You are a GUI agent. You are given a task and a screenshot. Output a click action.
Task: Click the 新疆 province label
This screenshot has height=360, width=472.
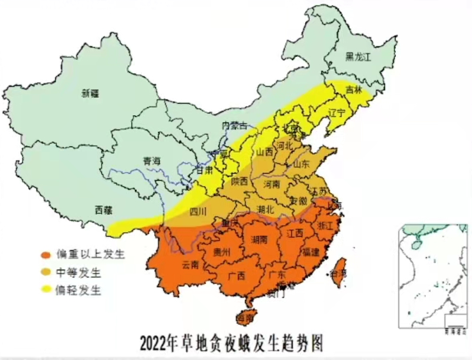coord(90,93)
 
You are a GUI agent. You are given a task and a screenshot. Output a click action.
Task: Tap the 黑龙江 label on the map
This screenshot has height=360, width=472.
coord(358,57)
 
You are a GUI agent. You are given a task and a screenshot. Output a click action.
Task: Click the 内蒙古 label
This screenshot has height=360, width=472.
coord(234,125)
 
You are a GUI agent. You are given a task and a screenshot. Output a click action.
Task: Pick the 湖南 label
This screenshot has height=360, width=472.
coord(259,239)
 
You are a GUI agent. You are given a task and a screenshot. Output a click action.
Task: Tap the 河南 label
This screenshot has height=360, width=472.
coord(271,184)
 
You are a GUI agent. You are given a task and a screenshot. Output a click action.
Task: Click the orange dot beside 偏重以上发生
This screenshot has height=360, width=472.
coord(45,255)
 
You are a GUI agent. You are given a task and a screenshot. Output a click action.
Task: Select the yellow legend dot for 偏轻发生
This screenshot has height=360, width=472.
coord(45,290)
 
